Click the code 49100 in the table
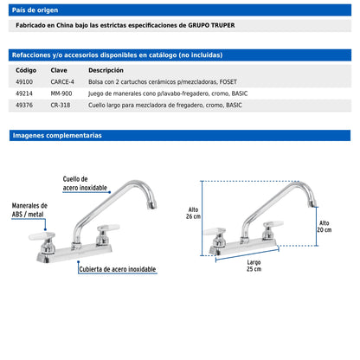tap(24, 82)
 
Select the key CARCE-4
tap(62, 82)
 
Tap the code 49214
tap(24, 93)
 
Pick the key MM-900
tap(61, 93)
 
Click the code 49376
tap(24, 105)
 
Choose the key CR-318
tap(61, 105)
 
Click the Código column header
tap(26, 70)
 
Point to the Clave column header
tap(59, 70)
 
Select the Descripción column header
tap(106, 70)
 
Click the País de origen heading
tap(35, 10)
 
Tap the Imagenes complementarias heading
tap(57, 135)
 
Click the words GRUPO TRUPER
tap(211, 25)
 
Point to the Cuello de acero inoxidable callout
tap(85, 183)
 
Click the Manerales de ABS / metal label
tap(29, 210)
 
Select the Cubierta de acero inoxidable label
tap(118, 269)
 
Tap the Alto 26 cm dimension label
tap(193, 213)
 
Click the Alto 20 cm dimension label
tap(325, 227)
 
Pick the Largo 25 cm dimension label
tap(254, 266)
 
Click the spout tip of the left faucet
tap(152, 206)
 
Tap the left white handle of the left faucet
tap(42, 236)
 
